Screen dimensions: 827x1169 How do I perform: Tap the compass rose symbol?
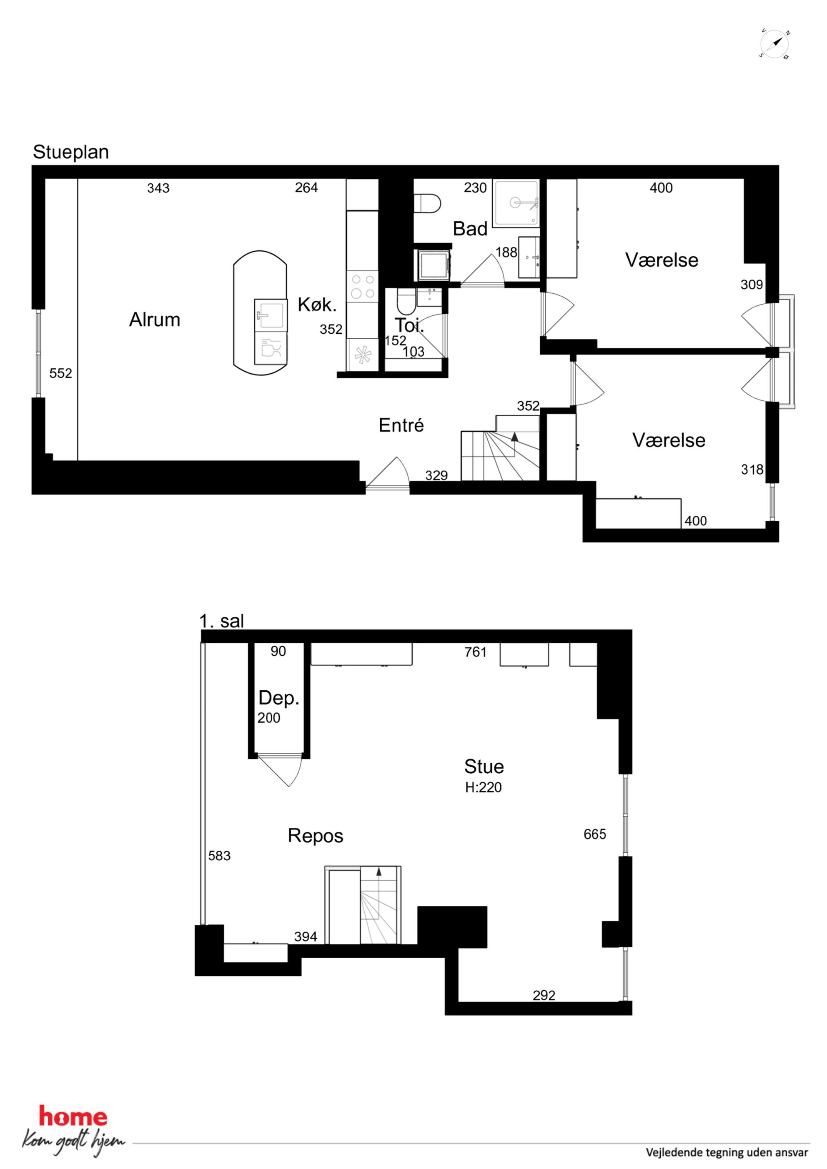(774, 44)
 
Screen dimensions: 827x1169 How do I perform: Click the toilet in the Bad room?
(427, 204)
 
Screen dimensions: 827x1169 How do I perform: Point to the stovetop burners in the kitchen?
(363, 286)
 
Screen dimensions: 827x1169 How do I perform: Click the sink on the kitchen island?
(270, 315)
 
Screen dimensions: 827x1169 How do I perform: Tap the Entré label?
(401, 425)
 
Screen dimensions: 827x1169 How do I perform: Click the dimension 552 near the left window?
(60, 373)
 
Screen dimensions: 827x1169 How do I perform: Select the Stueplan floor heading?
(71, 152)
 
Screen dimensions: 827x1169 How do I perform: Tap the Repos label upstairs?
(316, 836)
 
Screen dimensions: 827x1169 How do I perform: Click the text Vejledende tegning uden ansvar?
(727, 1152)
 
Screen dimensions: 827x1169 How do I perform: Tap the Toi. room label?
(409, 325)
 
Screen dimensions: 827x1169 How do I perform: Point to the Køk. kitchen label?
(317, 305)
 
